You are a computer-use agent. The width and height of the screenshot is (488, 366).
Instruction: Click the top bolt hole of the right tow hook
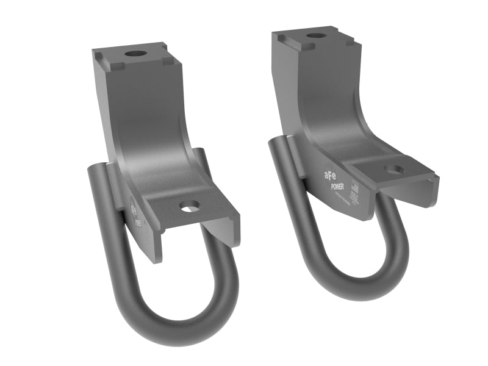click(316, 36)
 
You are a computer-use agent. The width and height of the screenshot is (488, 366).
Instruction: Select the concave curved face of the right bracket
click(329, 122)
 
